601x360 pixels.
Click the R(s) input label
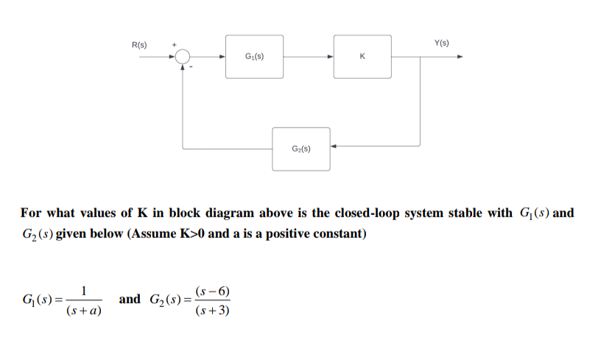click(x=138, y=45)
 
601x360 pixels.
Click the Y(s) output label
click(x=442, y=43)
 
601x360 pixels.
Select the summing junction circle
click(x=183, y=56)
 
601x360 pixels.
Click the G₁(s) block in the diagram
click(x=255, y=56)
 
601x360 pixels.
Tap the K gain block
click(x=362, y=56)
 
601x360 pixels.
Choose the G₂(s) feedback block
click(x=301, y=149)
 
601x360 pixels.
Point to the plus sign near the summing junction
click(x=175, y=45)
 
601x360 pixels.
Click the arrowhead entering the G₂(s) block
click(x=334, y=146)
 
